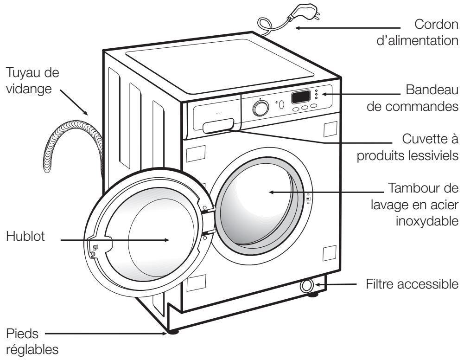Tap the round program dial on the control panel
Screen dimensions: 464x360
click(261, 108)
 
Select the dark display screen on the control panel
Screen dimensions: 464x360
click(301, 96)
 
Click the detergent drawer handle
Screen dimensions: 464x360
click(218, 126)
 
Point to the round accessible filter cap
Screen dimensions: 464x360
click(306, 286)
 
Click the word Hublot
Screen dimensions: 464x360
click(25, 236)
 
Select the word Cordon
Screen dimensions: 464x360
click(436, 24)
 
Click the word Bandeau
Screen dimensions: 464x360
click(432, 90)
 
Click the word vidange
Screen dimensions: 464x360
click(29, 89)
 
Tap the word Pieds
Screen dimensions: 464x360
click(22, 334)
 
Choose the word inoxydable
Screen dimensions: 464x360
click(427, 221)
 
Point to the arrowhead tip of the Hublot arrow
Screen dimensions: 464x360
click(169, 240)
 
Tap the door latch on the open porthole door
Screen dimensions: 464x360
click(95, 247)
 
